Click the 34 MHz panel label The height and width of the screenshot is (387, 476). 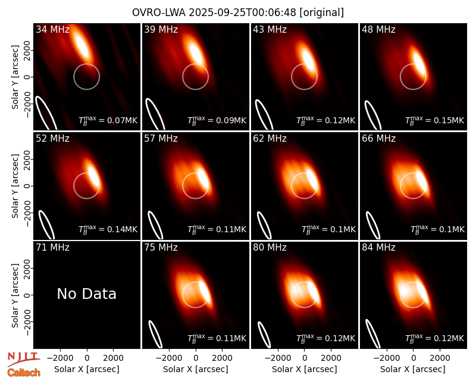pyautogui.click(x=52, y=29)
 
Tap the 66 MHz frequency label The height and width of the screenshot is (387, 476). pyautogui.click(x=378, y=139)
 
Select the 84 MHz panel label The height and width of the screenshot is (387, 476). pyautogui.click(x=378, y=248)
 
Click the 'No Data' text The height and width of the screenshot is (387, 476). pyautogui.click(x=86, y=294)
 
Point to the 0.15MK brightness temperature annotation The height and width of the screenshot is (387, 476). pyautogui.click(x=435, y=120)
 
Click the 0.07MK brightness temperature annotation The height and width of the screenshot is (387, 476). pyautogui.click(x=108, y=120)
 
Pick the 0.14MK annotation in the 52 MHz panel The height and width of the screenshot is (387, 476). pyautogui.click(x=108, y=229)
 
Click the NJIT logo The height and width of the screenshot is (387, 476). pyautogui.click(x=23, y=359)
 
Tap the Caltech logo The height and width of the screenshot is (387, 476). pyautogui.click(x=24, y=373)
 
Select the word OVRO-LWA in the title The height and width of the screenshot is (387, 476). pyautogui.click(x=159, y=13)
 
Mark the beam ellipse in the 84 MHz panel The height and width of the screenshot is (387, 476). pyautogui.click(x=372, y=333)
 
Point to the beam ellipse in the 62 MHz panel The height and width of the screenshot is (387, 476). pyautogui.click(x=264, y=225)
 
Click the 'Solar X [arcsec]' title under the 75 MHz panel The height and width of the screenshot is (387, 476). pyautogui.click(x=196, y=369)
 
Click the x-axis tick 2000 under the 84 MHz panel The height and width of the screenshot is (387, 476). pyautogui.click(x=440, y=358)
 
